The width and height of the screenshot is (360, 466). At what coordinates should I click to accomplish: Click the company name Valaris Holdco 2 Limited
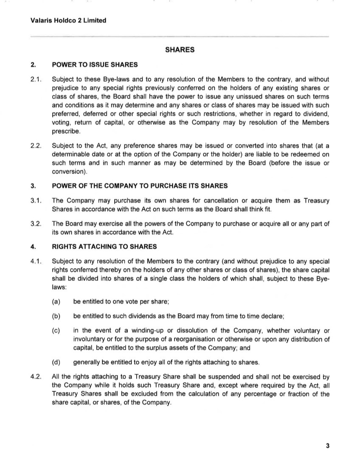[x=68, y=20]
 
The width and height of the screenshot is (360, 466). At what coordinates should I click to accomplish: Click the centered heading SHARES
[x=180, y=50]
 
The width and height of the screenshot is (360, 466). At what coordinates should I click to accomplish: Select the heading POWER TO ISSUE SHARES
[x=95, y=65]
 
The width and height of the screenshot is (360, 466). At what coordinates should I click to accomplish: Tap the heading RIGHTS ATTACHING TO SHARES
[x=104, y=246]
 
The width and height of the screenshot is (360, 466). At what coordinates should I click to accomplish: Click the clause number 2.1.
[x=36, y=79]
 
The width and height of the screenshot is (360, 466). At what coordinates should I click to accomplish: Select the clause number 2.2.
[x=36, y=146]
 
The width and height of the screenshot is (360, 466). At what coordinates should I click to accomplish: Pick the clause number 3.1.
[x=36, y=201]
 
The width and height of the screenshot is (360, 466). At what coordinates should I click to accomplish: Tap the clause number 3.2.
[x=36, y=224]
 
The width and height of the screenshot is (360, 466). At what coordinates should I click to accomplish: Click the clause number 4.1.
[x=36, y=261]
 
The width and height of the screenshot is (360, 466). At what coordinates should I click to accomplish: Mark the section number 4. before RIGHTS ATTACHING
[x=33, y=246]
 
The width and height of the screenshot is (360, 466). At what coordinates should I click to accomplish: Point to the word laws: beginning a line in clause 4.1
[x=59, y=287]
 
